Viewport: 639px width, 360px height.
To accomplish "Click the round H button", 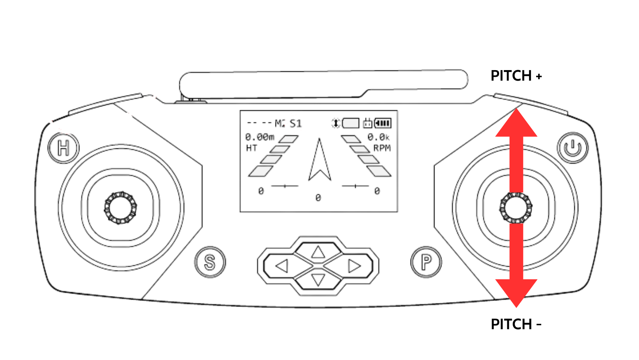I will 64,148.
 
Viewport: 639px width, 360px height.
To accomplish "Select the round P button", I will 426,262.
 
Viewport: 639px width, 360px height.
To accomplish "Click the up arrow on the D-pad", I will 318,252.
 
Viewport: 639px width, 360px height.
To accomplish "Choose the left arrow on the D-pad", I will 282,266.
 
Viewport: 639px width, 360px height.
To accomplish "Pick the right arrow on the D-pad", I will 354,266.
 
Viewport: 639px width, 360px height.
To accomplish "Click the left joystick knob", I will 121,208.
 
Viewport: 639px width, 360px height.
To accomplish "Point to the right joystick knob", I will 516,208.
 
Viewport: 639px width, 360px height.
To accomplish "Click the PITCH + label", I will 516,76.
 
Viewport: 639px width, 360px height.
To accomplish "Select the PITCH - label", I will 516,324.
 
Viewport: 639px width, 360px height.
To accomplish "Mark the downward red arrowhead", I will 516,292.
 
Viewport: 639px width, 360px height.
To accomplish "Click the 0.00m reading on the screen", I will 260,137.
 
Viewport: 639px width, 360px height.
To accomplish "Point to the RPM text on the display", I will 382,148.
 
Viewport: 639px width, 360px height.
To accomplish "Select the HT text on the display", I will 252,148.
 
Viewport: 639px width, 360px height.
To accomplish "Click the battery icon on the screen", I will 383,124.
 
